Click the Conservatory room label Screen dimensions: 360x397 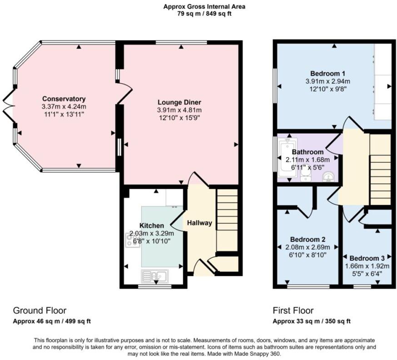(x=64, y=99)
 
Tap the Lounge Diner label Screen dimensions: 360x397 (x=179, y=102)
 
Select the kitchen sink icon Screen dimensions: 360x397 (x=154, y=275)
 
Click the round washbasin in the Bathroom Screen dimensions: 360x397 (x=328, y=177)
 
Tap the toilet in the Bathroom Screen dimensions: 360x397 (x=306, y=175)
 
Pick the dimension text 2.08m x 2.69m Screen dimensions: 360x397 (x=307, y=247)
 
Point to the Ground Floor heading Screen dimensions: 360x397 (x=40, y=310)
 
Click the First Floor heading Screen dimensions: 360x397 (x=293, y=310)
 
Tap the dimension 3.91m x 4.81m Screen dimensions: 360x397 (x=179, y=110)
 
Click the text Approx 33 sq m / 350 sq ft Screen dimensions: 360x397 (x=312, y=321)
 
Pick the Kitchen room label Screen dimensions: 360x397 (x=151, y=225)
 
